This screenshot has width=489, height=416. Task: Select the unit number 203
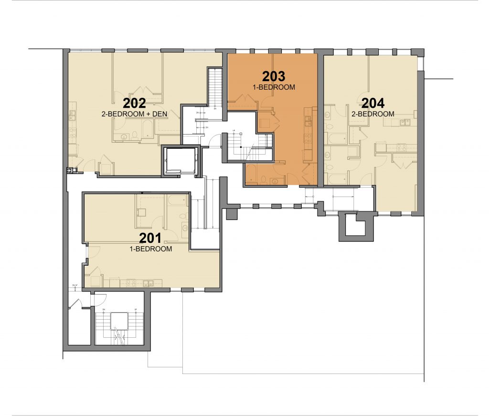pos(274,76)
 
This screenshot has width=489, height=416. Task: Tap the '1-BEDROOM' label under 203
pos(274,87)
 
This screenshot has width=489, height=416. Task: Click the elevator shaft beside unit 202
pos(180,160)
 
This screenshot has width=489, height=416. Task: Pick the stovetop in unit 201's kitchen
pos(129,282)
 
